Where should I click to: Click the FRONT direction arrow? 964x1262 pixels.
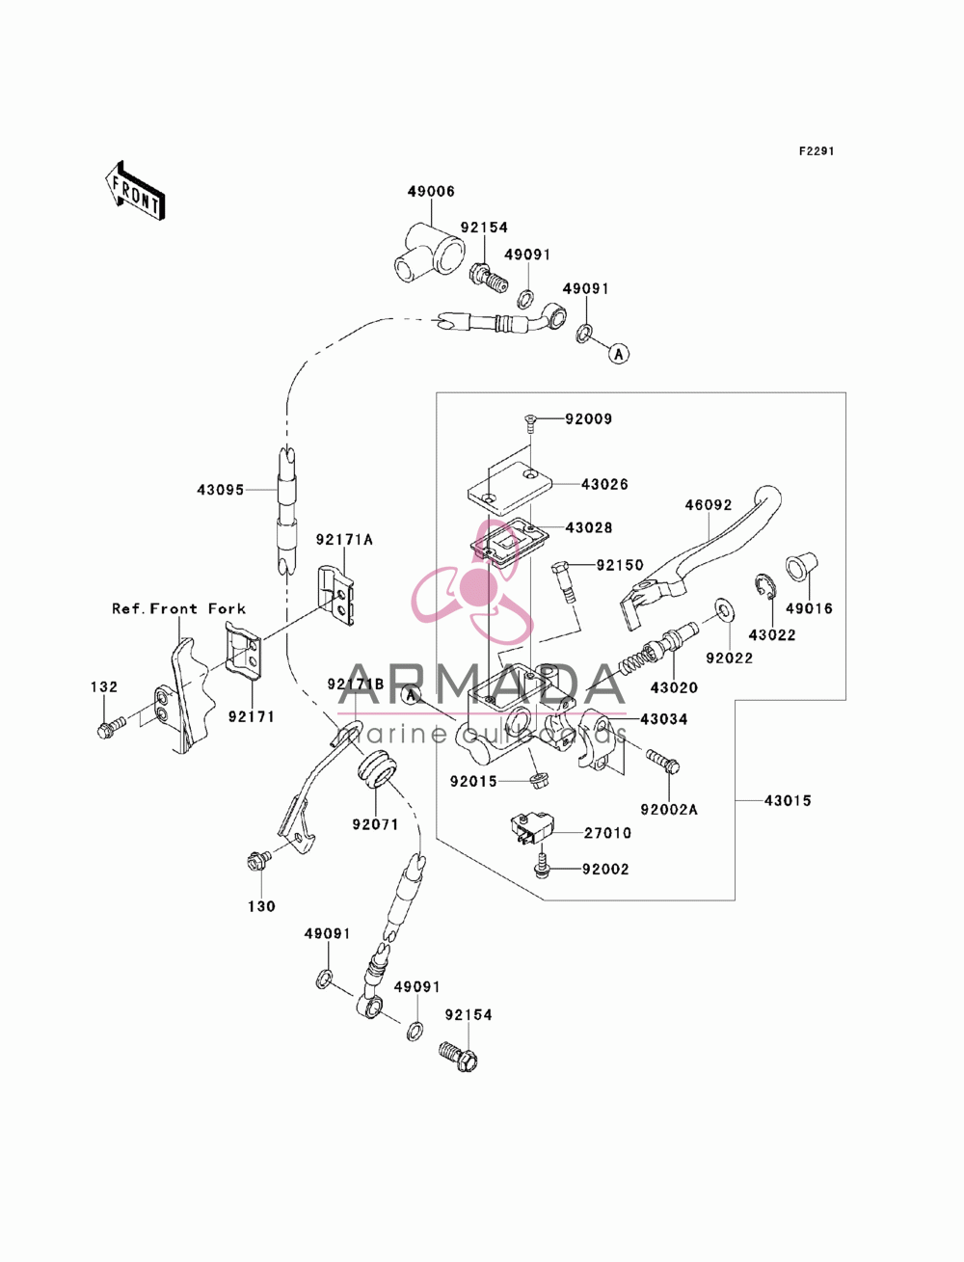coord(135,190)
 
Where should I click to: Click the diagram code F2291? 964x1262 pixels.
coord(817,151)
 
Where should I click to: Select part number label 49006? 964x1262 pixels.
coord(431,192)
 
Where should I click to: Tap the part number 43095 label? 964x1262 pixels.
coord(221,490)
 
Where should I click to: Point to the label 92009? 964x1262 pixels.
coord(589,419)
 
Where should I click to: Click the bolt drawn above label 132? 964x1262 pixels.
coord(111,728)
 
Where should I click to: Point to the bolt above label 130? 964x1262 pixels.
coord(258,860)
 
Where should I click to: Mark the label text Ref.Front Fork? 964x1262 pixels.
coord(178,608)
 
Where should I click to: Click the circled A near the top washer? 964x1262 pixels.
coord(619,354)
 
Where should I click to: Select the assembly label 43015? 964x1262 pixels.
coord(788,800)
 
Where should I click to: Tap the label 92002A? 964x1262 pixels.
coord(669,810)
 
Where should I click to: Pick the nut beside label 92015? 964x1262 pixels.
coord(538,781)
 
